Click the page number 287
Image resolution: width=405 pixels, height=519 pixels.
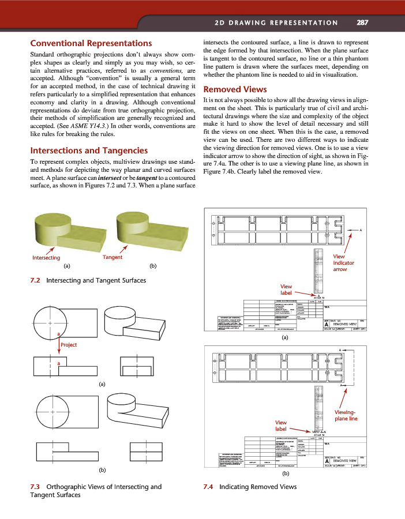tap(363, 23)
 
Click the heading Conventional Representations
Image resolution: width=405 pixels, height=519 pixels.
tap(91, 43)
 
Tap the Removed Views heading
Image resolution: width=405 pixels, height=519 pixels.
tap(235, 89)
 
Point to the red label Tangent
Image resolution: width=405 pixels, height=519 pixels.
tap(112, 257)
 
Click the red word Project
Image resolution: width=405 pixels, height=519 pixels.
tap(69, 344)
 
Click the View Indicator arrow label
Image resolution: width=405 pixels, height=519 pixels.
tap(344, 262)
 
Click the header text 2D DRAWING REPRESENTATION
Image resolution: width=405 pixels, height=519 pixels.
tap(276, 23)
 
